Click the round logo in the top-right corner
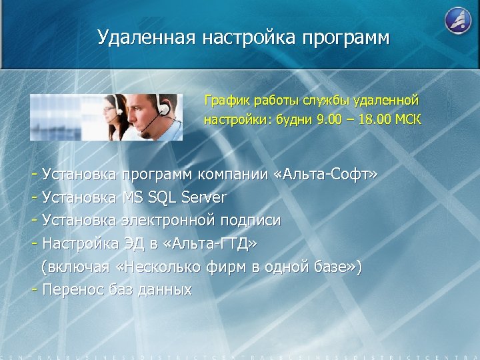tap(458, 20)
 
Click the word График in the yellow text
tap(225, 101)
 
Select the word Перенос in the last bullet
tap(70, 290)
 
